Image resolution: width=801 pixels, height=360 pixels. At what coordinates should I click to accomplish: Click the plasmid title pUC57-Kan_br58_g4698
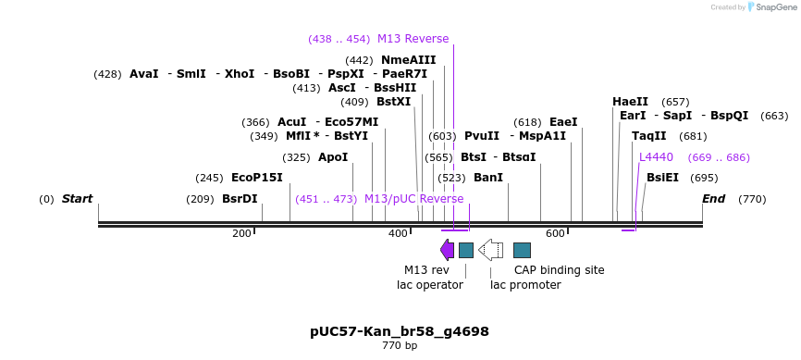tap(400, 331)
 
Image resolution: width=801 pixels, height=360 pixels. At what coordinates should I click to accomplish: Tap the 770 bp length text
tap(400, 346)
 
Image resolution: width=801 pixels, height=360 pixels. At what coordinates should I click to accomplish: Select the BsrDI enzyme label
tap(240, 199)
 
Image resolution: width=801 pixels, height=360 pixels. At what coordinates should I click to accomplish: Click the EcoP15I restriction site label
tap(257, 178)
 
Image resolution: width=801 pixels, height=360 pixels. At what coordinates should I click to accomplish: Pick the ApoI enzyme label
tap(333, 157)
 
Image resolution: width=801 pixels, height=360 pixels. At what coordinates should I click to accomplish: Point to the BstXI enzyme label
tap(393, 102)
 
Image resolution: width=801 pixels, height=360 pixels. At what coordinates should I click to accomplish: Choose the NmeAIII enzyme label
tap(408, 60)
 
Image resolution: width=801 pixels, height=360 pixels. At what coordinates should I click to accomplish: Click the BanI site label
tap(488, 178)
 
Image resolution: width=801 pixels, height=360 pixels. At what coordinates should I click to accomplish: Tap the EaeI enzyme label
tap(563, 122)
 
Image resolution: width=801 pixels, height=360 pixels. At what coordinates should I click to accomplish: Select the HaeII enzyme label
tap(630, 102)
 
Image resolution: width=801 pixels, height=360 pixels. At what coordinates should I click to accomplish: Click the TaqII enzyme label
tap(649, 136)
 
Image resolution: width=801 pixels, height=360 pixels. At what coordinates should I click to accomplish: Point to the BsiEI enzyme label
tap(662, 178)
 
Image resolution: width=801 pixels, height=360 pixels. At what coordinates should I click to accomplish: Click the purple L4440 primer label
tap(656, 157)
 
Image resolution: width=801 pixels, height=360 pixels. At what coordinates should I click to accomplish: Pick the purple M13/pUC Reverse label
tap(413, 199)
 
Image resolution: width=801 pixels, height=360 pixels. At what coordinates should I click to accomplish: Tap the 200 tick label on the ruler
tap(242, 233)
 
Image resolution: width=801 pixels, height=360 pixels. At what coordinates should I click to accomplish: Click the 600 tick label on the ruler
tap(555, 233)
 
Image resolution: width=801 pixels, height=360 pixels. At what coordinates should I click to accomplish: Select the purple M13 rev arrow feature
tap(448, 250)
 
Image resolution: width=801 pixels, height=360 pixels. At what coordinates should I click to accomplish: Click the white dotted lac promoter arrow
tap(490, 250)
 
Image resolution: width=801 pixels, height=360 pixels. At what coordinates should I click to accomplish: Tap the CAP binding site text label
tap(559, 270)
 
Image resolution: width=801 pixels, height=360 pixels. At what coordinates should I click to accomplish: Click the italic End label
tap(714, 199)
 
